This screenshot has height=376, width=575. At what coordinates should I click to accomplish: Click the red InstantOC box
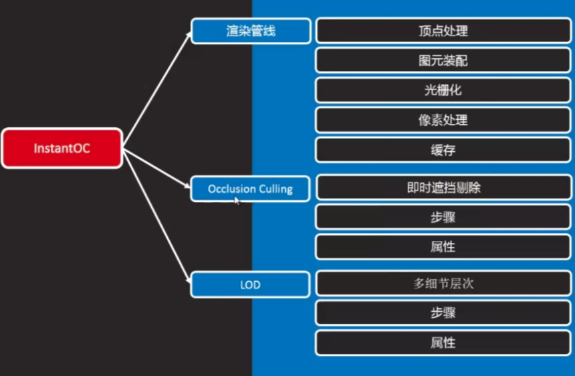coord(62,148)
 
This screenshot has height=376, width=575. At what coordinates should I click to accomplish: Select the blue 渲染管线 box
coord(251,31)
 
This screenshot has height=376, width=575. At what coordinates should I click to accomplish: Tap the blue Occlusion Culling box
coord(250,189)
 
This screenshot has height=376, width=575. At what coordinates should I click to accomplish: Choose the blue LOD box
coord(250,285)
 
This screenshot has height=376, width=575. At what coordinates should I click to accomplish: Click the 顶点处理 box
coord(443,31)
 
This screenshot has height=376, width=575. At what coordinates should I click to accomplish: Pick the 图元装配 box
coord(443,61)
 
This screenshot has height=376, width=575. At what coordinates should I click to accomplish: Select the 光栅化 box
coord(443,90)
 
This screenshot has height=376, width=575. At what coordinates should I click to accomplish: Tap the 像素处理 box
coord(443,120)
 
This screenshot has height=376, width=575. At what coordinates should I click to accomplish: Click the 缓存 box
coord(443,150)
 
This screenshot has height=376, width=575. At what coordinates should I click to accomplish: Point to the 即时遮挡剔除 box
coord(443,188)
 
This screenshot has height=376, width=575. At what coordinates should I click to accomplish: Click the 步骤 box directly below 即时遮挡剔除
coord(443,217)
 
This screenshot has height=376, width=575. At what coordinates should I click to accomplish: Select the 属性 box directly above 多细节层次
coord(443,247)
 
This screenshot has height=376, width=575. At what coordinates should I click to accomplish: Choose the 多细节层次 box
coord(443,284)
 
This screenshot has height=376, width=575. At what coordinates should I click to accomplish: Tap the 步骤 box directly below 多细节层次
coord(443,313)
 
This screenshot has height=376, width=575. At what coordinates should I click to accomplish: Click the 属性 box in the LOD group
coord(443,343)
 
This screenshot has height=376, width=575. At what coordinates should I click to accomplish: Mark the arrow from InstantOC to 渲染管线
coord(158,87)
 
